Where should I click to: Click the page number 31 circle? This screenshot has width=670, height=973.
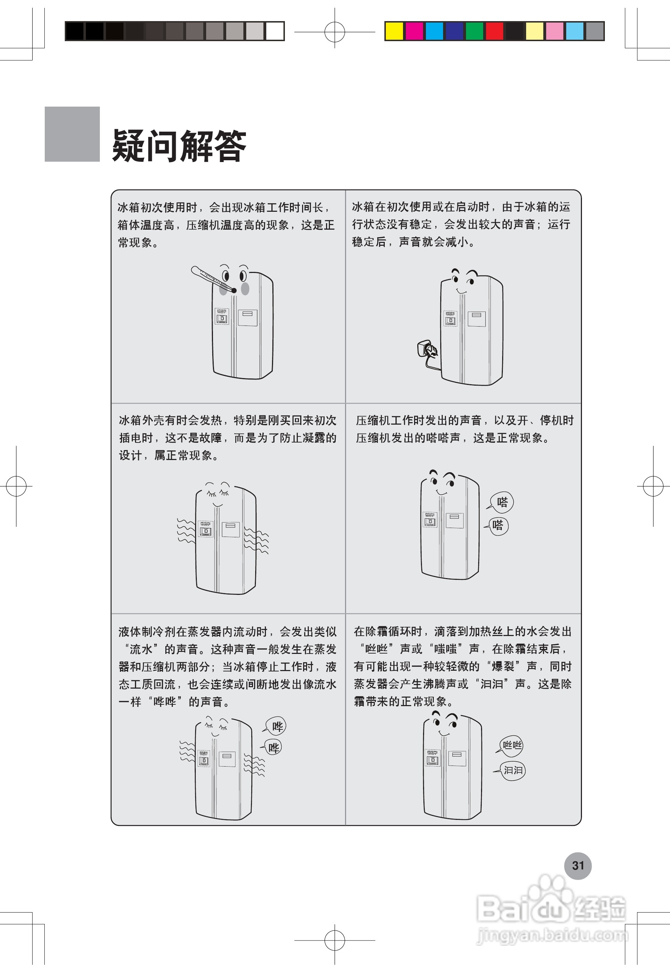click(x=578, y=866)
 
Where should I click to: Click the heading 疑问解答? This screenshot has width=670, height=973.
click(x=179, y=146)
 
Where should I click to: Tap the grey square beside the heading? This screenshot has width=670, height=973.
click(x=72, y=134)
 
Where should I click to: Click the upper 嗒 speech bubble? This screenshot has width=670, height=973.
click(x=502, y=502)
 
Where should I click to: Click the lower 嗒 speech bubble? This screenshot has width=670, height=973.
click(x=498, y=525)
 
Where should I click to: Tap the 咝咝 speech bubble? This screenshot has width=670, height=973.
click(x=512, y=745)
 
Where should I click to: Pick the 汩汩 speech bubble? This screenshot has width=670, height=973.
click(x=513, y=770)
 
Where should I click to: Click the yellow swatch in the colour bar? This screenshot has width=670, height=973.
click(x=394, y=31)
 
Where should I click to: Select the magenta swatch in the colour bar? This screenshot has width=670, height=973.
click(x=414, y=31)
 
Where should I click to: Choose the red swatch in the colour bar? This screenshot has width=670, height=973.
click(x=495, y=31)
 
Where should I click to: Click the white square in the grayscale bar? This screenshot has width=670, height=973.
click(x=275, y=31)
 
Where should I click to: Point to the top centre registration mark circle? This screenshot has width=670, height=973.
click(x=335, y=31)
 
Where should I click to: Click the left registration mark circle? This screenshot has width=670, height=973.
click(x=16, y=486)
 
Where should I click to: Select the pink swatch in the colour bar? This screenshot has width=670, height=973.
click(x=554, y=31)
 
